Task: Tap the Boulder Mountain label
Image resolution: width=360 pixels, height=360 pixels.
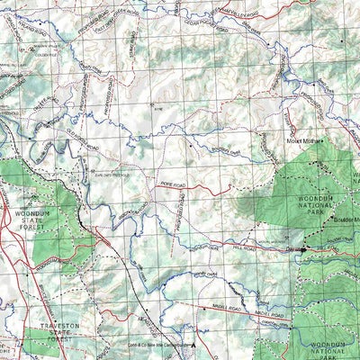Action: click(x=346, y=220)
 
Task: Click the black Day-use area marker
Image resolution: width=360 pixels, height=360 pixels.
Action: click(x=302, y=249)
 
